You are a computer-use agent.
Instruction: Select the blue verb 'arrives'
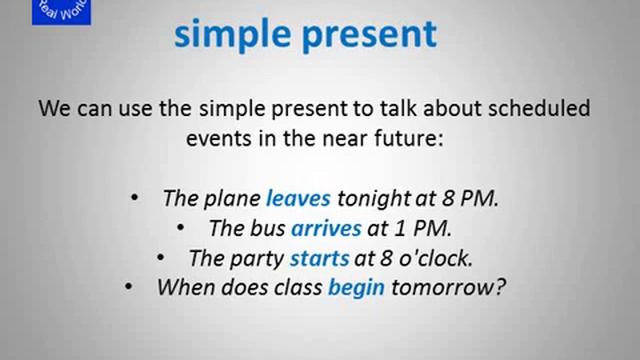click(x=326, y=228)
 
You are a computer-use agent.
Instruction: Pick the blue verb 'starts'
click(x=319, y=258)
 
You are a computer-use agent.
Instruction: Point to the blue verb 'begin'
click(x=356, y=288)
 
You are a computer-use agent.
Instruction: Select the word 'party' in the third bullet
click(x=259, y=258)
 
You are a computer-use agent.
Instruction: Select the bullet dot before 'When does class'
click(x=129, y=288)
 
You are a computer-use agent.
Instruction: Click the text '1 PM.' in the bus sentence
click(x=419, y=228)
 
